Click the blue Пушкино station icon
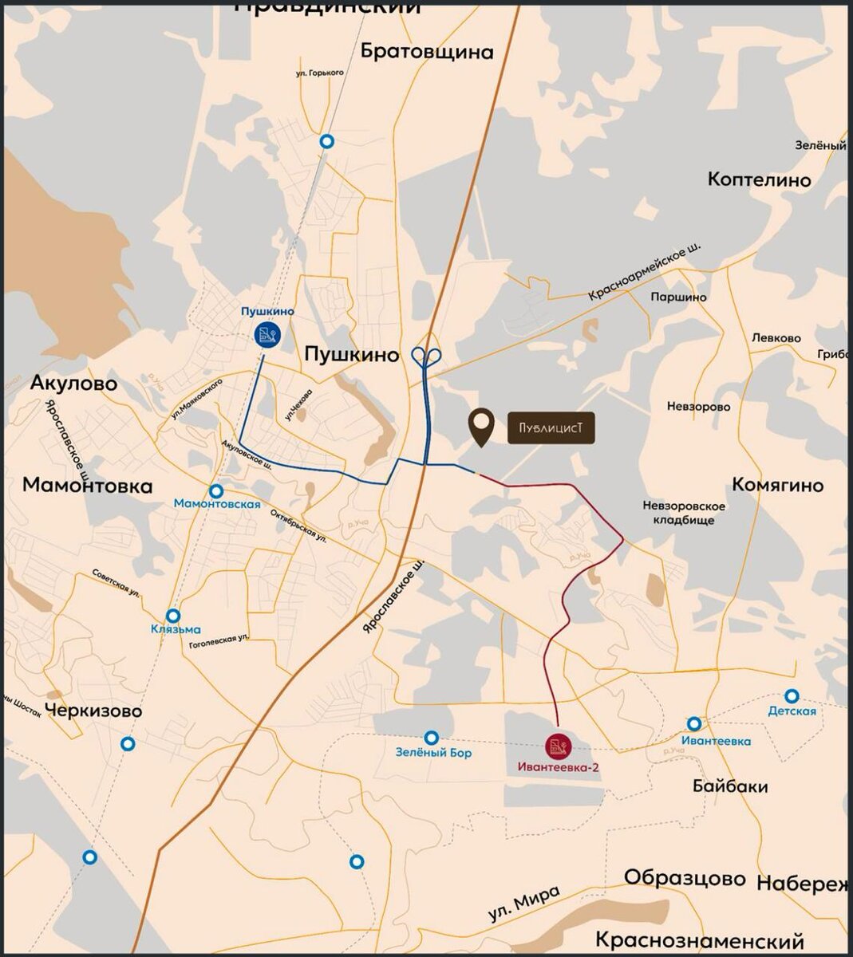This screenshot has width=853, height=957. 267,334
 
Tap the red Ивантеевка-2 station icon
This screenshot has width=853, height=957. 557,746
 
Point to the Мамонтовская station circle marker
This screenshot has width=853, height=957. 216,490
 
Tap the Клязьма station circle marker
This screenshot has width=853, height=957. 173,616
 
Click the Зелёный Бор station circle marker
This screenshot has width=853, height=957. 432,738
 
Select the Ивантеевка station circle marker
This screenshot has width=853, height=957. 694,724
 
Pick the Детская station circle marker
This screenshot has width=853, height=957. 792,695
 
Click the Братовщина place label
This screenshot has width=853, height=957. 427,52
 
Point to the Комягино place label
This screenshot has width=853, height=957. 778,485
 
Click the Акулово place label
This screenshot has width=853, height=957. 73,384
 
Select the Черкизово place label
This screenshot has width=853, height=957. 93,711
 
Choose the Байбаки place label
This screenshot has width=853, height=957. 730,786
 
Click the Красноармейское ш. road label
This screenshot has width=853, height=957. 645,272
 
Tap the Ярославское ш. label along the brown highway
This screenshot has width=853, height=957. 392,595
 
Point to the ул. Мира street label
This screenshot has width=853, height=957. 524,905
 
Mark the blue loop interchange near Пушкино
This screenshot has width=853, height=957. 427,356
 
